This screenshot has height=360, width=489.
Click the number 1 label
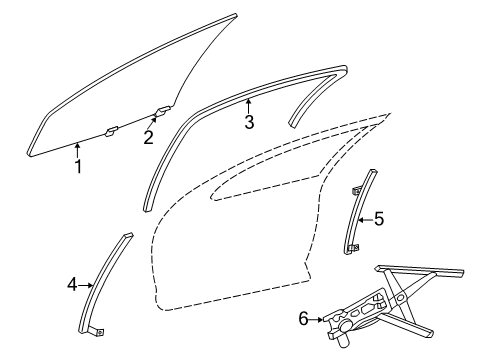click(78, 166)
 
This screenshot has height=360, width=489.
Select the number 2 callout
click(148, 138)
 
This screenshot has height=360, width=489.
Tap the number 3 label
click(249, 123)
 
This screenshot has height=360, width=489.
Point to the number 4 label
click(72, 285)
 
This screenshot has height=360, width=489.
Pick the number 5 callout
click(378, 218)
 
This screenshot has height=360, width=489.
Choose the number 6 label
click(303, 320)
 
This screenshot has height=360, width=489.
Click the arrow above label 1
click(78, 150)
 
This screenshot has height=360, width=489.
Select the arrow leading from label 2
click(154, 122)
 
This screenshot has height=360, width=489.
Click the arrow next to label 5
click(364, 218)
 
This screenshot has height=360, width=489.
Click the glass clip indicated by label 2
click(162, 112)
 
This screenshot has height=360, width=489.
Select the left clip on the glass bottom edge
click(113, 129)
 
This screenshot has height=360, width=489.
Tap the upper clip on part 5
click(357, 189)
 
